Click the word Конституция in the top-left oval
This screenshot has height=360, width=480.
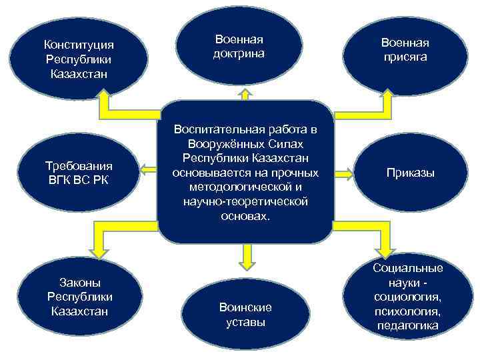point(79,45)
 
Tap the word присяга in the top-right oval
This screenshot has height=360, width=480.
point(405,57)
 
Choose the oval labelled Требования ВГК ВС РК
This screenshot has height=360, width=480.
point(79,172)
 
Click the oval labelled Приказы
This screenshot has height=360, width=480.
point(410,173)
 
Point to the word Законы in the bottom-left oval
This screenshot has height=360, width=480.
point(79,283)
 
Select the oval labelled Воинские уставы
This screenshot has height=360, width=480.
point(245,314)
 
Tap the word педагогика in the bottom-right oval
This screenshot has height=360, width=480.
point(407,325)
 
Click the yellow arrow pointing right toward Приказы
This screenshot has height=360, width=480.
point(343,174)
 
